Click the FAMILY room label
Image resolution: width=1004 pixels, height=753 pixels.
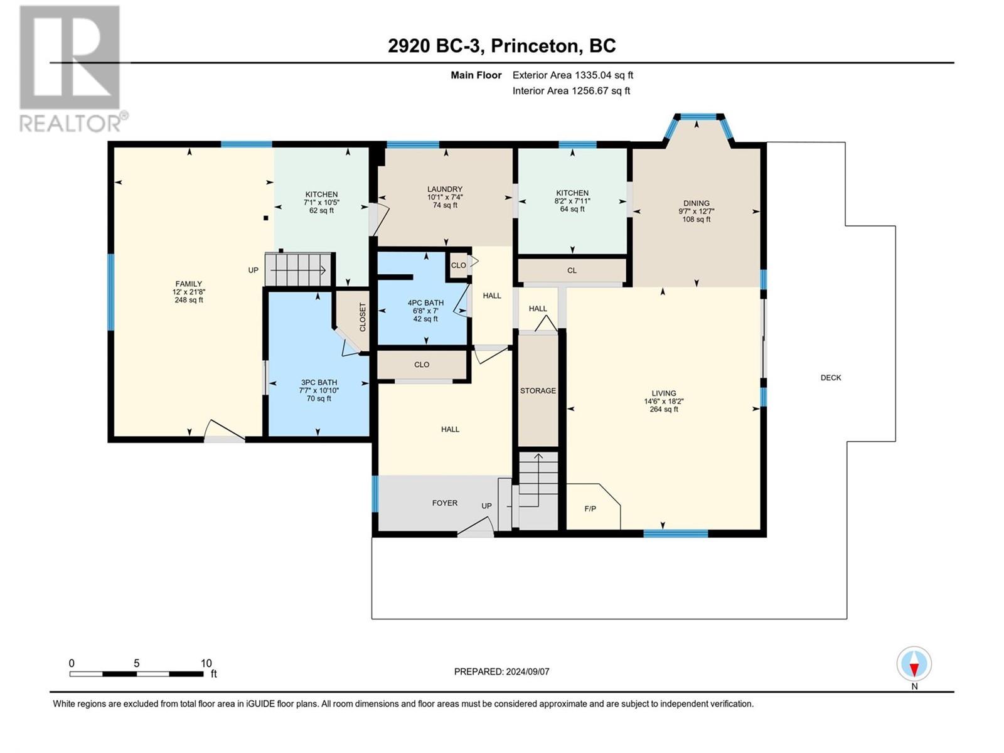click(188, 284)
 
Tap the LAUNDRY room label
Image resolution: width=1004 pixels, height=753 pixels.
click(445, 190)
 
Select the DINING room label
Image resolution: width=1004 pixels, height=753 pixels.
click(696, 203)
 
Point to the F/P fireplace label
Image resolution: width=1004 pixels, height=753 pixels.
click(590, 508)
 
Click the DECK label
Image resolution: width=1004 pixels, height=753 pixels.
click(831, 378)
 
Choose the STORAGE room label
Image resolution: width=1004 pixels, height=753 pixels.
click(538, 390)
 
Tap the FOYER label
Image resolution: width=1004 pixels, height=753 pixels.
click(445, 503)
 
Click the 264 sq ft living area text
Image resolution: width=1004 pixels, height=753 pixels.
click(664, 410)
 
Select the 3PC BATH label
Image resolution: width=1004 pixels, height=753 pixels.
click(319, 382)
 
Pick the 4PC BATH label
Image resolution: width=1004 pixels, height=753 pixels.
click(425, 302)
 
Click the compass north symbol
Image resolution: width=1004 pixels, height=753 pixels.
click(914, 663)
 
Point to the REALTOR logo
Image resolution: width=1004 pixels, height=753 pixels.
click(73, 69)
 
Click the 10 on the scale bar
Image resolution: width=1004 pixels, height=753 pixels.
click(206, 663)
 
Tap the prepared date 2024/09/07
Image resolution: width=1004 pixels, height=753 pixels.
click(527, 671)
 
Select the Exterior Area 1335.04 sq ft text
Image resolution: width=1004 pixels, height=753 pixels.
click(573, 75)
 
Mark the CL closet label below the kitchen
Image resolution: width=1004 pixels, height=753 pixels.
click(572, 270)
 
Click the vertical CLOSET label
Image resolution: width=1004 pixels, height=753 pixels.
click(363, 318)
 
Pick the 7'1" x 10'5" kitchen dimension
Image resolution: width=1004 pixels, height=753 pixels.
click(321, 203)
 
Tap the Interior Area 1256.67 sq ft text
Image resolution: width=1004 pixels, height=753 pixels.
click(571, 90)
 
